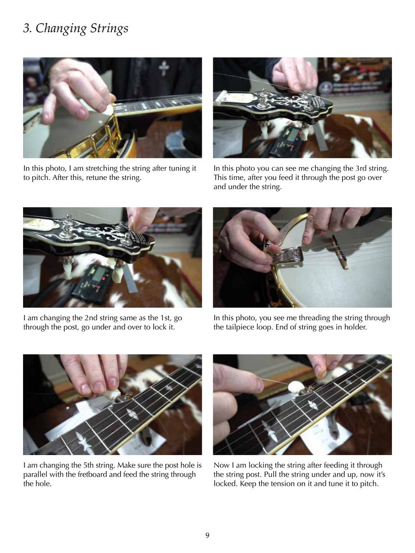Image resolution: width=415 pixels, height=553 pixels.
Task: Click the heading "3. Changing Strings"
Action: (75, 28)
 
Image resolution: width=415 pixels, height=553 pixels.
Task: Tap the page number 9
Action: (207, 535)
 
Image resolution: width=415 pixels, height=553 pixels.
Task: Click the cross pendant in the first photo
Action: (164, 68)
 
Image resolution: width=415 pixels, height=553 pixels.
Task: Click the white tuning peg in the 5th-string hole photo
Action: (112, 395)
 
